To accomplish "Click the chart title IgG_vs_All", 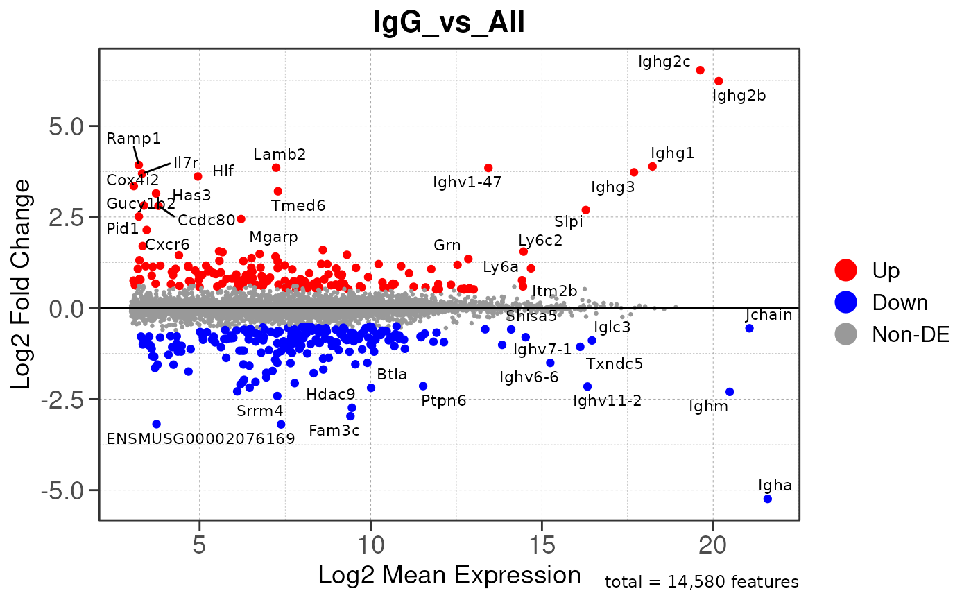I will [449, 24].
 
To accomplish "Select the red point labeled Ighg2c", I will [700, 70].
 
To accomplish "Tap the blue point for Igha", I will [767, 499].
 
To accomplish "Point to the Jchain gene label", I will [768, 315].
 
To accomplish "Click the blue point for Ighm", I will [729, 392].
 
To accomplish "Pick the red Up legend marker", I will [846, 269].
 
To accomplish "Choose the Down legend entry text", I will [900, 302].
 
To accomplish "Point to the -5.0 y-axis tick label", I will [68, 490].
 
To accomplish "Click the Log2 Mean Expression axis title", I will [449, 575].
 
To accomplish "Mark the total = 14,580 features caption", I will [702, 582].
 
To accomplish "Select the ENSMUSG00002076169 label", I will [200, 438].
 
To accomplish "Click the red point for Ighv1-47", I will [488, 168].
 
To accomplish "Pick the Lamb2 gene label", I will [280, 154].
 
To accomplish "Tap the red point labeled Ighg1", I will [652, 166].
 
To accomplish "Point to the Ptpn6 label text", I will [443, 400].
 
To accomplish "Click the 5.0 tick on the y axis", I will [68, 126].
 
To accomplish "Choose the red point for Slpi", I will [585, 209].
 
